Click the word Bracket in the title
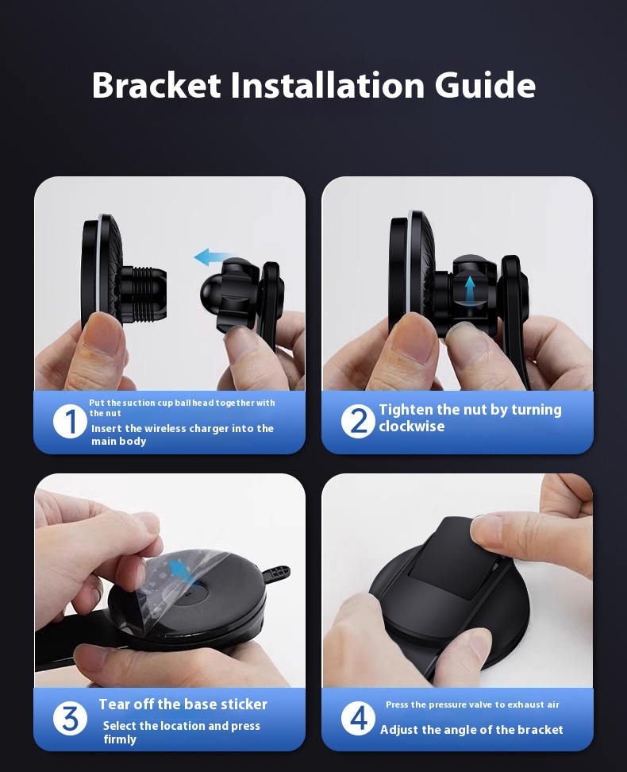click(x=156, y=85)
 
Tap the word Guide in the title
click(x=485, y=85)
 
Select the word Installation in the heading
click(x=328, y=85)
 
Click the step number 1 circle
click(x=70, y=422)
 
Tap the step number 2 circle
click(x=358, y=422)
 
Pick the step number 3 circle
click(x=70, y=718)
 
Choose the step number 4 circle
click(x=358, y=718)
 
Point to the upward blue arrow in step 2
click(x=470, y=288)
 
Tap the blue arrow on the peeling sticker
click(x=178, y=569)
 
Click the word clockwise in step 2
click(x=411, y=427)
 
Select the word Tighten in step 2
click(x=406, y=410)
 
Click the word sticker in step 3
click(x=244, y=704)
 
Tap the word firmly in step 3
click(x=120, y=739)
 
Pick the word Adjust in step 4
click(x=397, y=730)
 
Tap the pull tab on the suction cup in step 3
click(x=275, y=574)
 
